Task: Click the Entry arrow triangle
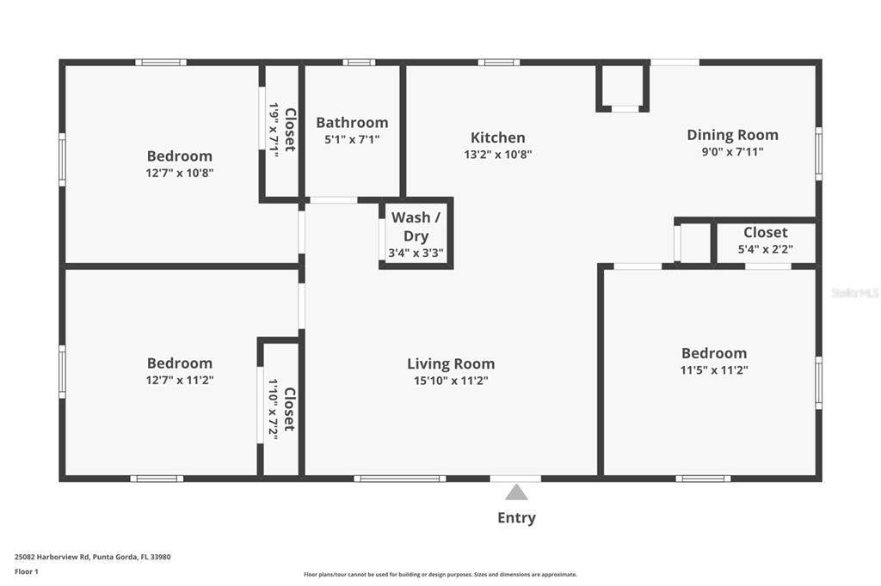[x=516, y=493]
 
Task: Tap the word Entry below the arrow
[x=516, y=517]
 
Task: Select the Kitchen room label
[x=498, y=137]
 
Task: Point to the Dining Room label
[x=733, y=135]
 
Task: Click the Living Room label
[x=451, y=363]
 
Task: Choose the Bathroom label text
[x=352, y=122]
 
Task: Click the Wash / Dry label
[x=416, y=226]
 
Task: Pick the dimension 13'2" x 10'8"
[x=498, y=155]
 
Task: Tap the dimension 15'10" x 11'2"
[x=451, y=381]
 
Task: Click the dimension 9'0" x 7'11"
[x=733, y=151]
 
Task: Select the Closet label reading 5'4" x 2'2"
[x=765, y=232]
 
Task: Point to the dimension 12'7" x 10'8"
[x=180, y=173]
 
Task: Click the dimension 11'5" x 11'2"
[x=714, y=369]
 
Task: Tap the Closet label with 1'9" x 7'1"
[x=290, y=130]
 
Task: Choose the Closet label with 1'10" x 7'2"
[x=289, y=409]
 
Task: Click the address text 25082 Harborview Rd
[x=52, y=557]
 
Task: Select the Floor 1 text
[x=27, y=571]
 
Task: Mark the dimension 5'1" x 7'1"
[x=352, y=139]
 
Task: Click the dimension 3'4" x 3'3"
[x=416, y=253]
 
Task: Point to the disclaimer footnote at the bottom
[x=440, y=574]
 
